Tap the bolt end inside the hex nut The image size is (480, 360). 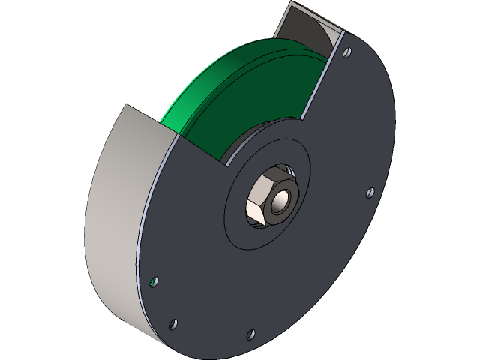pos(281,200)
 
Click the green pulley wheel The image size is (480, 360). pos(225,97)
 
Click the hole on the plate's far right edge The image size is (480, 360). pos(369,193)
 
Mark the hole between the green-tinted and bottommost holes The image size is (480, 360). pos(173,324)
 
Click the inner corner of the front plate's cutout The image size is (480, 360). pos(224,160)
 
